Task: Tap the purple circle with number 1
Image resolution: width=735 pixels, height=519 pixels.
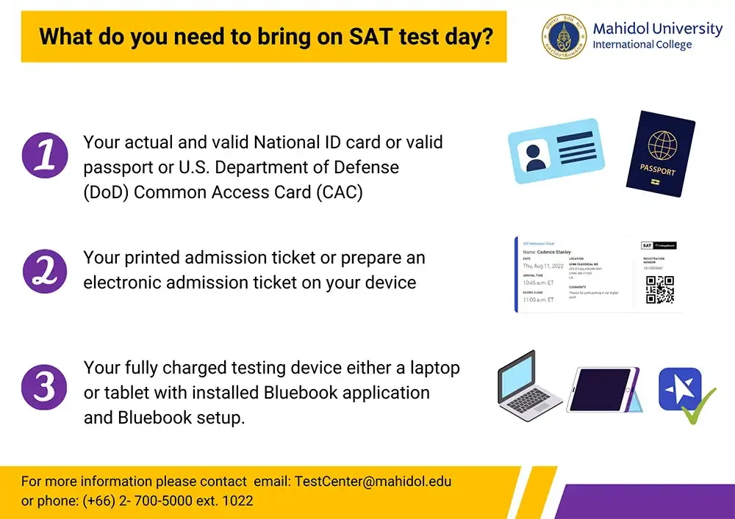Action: (x=45, y=155)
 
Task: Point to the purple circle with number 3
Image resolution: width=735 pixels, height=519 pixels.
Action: (x=45, y=386)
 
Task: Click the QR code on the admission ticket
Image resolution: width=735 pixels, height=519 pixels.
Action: (x=659, y=290)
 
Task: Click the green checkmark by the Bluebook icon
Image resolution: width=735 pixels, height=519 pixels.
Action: (x=698, y=406)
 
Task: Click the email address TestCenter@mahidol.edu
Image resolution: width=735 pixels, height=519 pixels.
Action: (x=373, y=482)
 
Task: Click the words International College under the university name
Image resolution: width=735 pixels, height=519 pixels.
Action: (x=642, y=45)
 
